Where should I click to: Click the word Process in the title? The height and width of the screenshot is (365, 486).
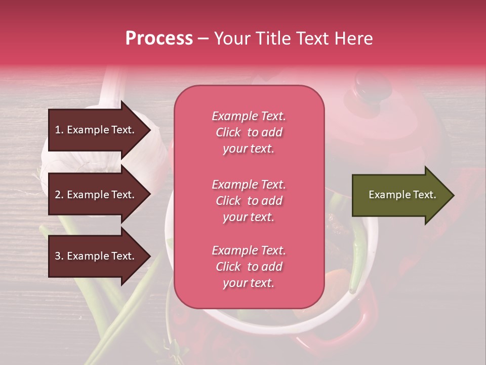(x=159, y=39)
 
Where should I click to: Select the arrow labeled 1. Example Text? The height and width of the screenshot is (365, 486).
(x=96, y=130)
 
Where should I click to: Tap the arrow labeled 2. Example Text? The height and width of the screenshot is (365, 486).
(x=96, y=195)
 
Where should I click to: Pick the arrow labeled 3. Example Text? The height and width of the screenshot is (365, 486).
(x=96, y=256)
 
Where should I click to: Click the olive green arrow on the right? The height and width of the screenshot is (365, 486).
(x=400, y=195)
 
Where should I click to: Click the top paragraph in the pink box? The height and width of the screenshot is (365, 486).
(x=249, y=132)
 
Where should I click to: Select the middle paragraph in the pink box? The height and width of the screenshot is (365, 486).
(x=249, y=201)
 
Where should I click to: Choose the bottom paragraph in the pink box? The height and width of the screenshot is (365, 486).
(x=249, y=267)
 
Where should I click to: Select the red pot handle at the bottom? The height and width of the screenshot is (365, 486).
(x=354, y=324)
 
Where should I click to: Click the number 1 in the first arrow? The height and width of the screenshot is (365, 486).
(x=58, y=130)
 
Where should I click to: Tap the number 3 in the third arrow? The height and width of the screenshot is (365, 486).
(x=58, y=256)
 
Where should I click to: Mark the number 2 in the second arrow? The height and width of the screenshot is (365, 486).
(x=58, y=195)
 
